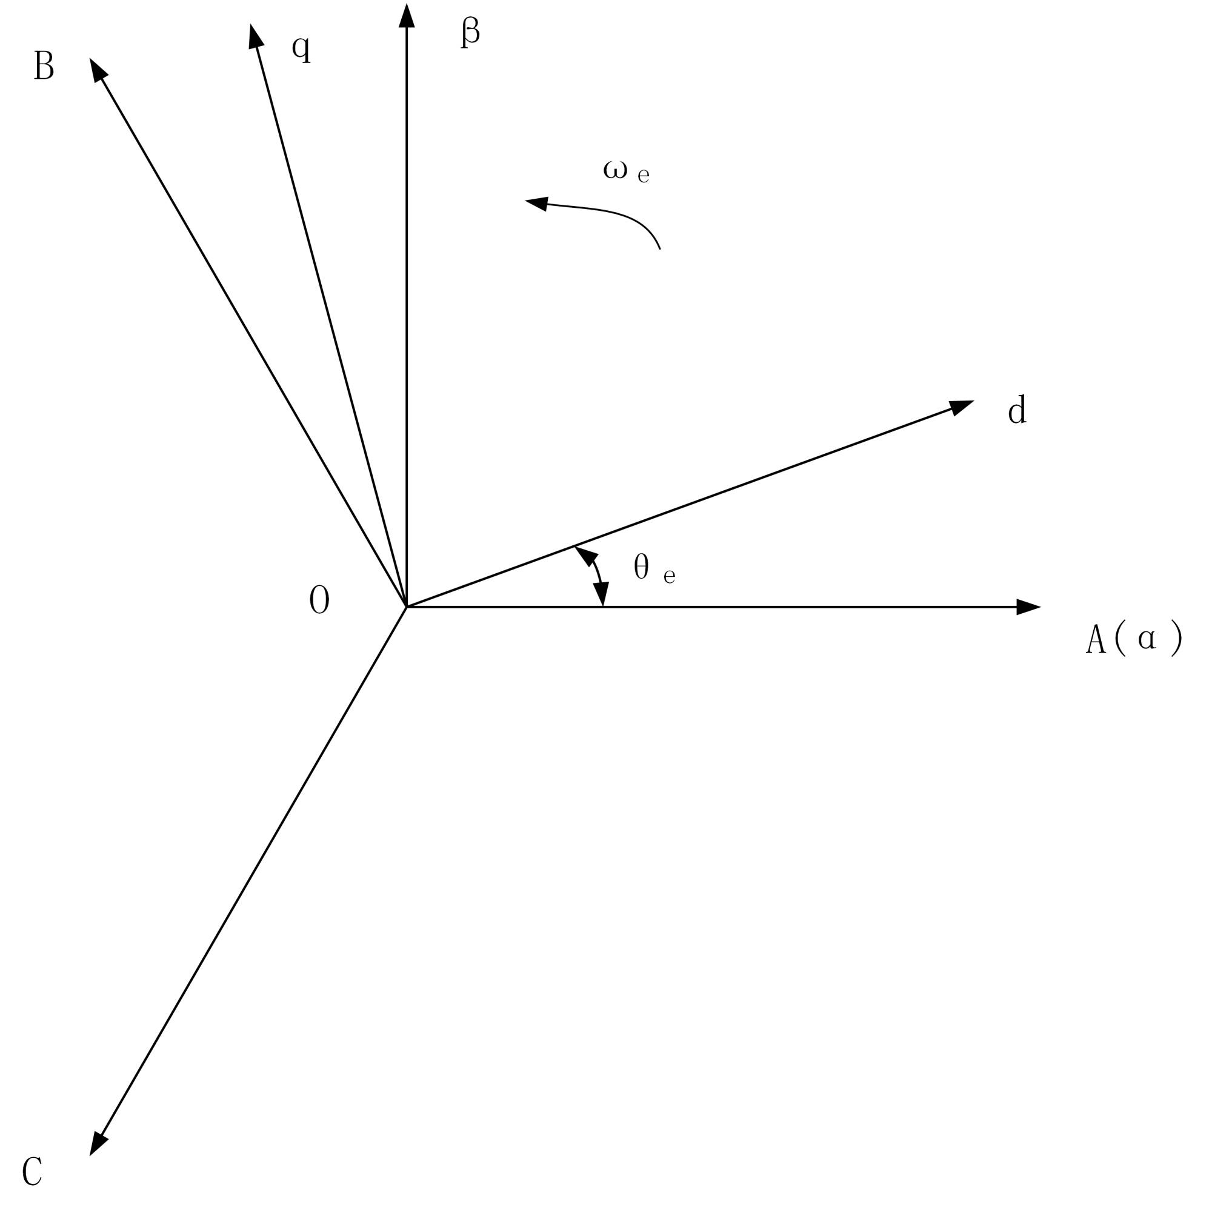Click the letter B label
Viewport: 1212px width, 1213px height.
44,65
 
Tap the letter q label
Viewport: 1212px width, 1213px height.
301,48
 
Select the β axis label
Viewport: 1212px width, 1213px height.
470,32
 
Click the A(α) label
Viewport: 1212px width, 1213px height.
1133,639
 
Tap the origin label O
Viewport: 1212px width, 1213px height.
319,600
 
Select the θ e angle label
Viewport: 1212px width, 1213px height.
654,568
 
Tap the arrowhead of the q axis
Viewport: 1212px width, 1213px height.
255,36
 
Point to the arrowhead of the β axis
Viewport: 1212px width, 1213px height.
407,16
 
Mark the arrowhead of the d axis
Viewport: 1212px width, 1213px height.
961,407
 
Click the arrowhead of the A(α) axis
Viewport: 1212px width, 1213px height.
1028,607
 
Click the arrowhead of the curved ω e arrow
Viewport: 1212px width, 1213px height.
537,203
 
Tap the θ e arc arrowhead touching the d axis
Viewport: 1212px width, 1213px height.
585,554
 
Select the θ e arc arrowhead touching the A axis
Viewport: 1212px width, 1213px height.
602,594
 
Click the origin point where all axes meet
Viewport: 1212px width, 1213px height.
407,607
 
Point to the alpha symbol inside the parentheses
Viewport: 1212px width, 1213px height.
1147,639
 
